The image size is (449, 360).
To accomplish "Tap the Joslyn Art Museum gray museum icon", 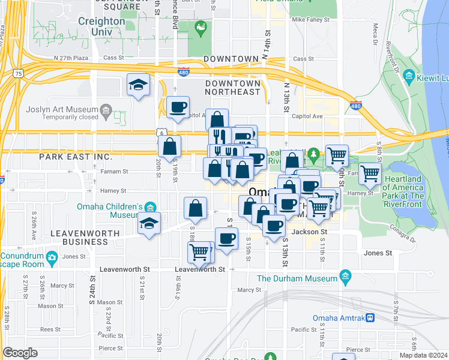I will (x=106, y=110).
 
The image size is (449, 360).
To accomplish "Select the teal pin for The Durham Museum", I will (x=345, y=277).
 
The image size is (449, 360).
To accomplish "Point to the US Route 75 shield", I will (x=19, y=73).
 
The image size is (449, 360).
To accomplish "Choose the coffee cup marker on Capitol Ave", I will (x=177, y=107).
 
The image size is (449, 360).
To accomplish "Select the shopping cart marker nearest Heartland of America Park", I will (x=369, y=173).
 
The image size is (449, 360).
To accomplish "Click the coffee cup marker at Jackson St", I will (x=274, y=226).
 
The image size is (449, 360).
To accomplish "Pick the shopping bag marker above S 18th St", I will (x=195, y=208).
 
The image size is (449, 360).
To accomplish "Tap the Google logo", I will (x=20, y=353).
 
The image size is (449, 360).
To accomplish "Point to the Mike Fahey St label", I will (x=310, y=20).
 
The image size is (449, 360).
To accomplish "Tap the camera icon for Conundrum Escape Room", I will (x=52, y=257).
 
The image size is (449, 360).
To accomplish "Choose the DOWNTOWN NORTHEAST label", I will (x=232, y=87).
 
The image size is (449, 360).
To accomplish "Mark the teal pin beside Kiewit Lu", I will (x=409, y=76).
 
